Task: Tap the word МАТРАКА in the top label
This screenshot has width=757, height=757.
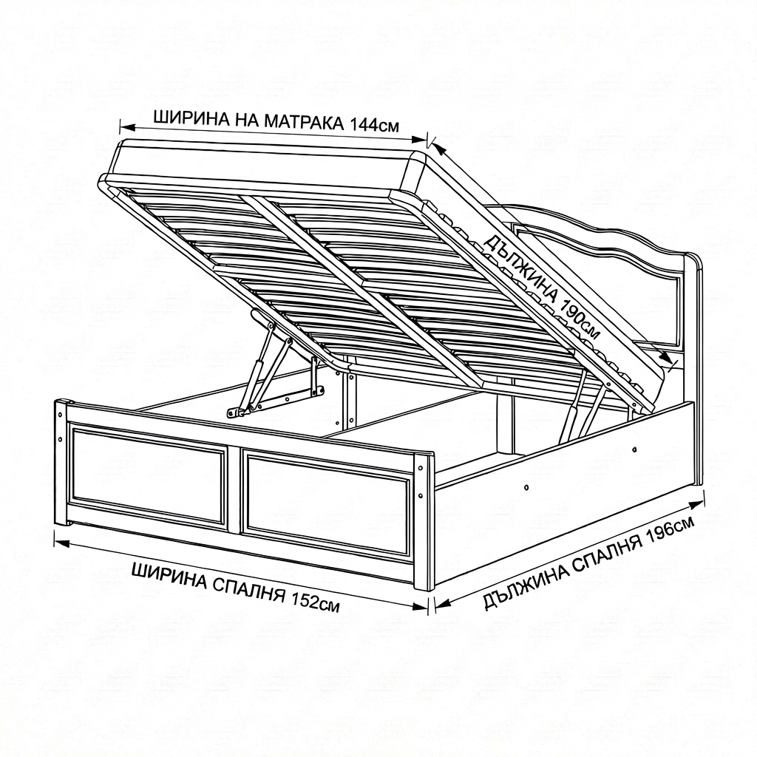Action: click(x=303, y=122)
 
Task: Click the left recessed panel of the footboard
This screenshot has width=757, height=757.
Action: click(x=147, y=474)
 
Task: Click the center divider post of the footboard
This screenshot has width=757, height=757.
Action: click(x=236, y=488)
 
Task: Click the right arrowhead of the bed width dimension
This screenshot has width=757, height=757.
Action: click(x=420, y=606)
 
